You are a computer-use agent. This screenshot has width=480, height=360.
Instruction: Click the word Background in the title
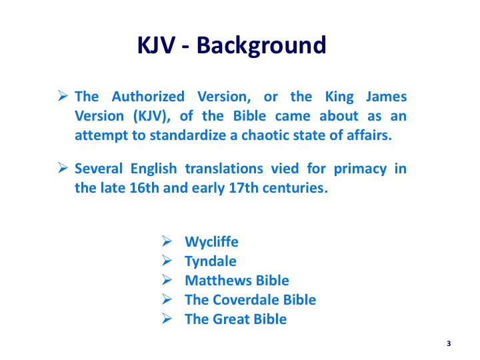(261, 46)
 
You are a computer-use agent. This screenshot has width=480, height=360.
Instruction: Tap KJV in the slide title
(157, 45)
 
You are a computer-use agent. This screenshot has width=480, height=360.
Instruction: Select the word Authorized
(148, 97)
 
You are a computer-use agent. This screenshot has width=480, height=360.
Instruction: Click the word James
(386, 97)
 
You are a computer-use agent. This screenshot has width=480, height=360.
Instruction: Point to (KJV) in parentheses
(151, 116)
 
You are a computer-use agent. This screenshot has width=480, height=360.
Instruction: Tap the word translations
(224, 169)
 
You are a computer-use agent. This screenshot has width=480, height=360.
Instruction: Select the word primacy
(360, 169)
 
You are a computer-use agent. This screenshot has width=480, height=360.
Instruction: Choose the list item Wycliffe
(211, 242)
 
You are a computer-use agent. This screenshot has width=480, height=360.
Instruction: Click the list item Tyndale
(211, 262)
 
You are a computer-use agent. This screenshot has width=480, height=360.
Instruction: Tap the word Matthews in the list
(219, 281)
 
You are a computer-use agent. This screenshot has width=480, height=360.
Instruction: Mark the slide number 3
(449, 343)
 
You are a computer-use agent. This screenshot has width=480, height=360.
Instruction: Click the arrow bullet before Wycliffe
(167, 241)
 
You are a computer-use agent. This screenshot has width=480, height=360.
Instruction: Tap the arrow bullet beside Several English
(63, 168)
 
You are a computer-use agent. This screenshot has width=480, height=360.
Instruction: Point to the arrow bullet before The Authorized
(63, 96)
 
